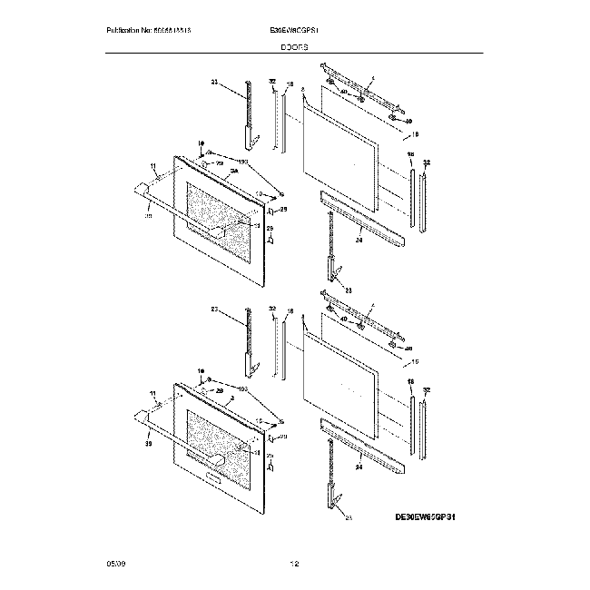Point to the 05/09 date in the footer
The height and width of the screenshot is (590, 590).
point(114,565)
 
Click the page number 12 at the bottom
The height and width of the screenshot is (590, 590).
point(294,565)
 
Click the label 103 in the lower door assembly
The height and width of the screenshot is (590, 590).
point(241,388)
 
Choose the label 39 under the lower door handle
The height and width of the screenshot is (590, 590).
point(147,444)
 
